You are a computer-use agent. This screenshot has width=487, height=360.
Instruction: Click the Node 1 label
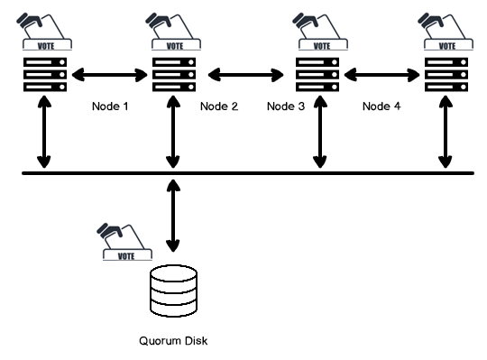111,106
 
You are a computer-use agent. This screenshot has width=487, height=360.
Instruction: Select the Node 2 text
220,106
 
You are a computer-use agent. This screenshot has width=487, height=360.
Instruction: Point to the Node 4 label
381,106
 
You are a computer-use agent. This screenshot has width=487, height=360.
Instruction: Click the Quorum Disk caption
174,340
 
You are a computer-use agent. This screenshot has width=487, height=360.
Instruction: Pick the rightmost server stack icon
445,73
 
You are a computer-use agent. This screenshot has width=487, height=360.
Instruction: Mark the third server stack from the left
317,73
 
